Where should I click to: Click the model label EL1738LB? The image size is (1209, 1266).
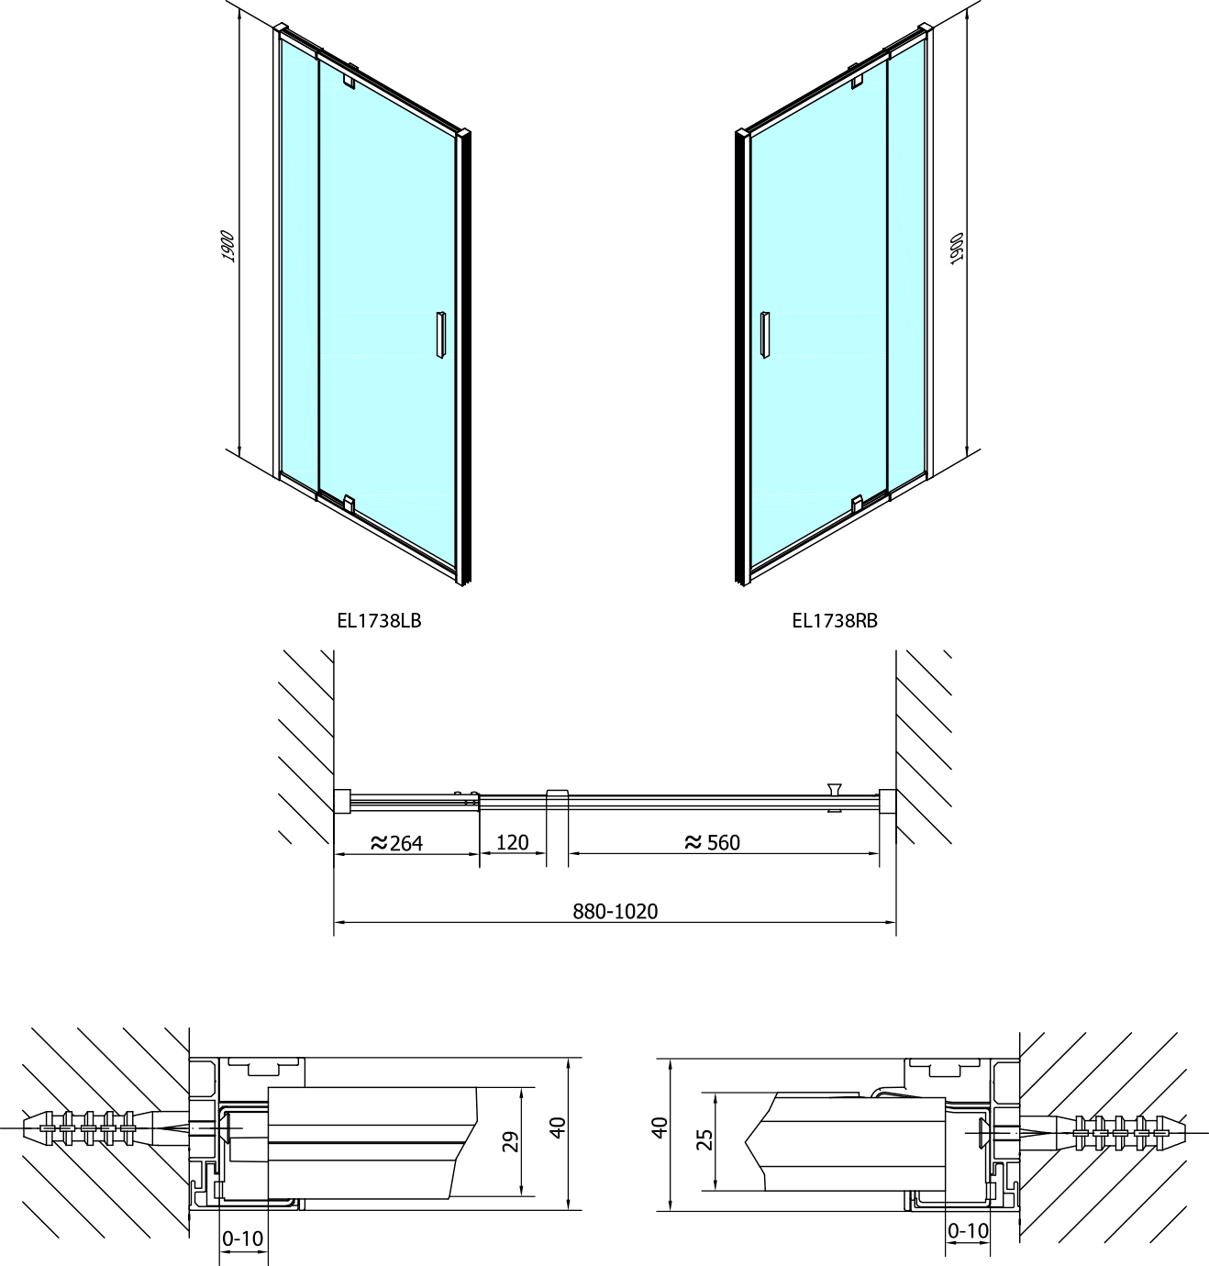(x=379, y=621)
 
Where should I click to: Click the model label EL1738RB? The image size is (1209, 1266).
(x=835, y=621)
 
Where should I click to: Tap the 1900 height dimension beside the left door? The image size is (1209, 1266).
(x=227, y=246)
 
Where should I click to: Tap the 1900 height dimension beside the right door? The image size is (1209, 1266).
(x=957, y=249)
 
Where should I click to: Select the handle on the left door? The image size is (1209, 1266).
(x=441, y=335)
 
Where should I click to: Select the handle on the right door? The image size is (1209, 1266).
(x=765, y=335)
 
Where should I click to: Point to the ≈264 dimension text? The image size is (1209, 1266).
(x=396, y=843)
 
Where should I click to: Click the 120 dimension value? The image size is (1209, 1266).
(x=513, y=842)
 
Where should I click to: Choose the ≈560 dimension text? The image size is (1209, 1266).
(x=712, y=842)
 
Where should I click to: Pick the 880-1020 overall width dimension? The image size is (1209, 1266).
(x=616, y=912)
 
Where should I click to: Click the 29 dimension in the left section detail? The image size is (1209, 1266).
(x=511, y=1142)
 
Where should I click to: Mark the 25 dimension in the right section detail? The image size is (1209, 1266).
(x=705, y=1139)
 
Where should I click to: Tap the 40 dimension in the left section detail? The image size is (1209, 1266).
(x=558, y=1127)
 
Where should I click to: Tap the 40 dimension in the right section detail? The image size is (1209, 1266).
(x=660, y=1127)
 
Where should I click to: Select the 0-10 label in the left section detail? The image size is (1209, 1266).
(x=242, y=1238)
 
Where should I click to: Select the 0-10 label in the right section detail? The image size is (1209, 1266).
(x=969, y=1230)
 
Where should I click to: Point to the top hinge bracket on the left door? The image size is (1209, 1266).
(x=349, y=80)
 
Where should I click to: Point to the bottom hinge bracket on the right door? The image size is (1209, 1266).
(x=857, y=503)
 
